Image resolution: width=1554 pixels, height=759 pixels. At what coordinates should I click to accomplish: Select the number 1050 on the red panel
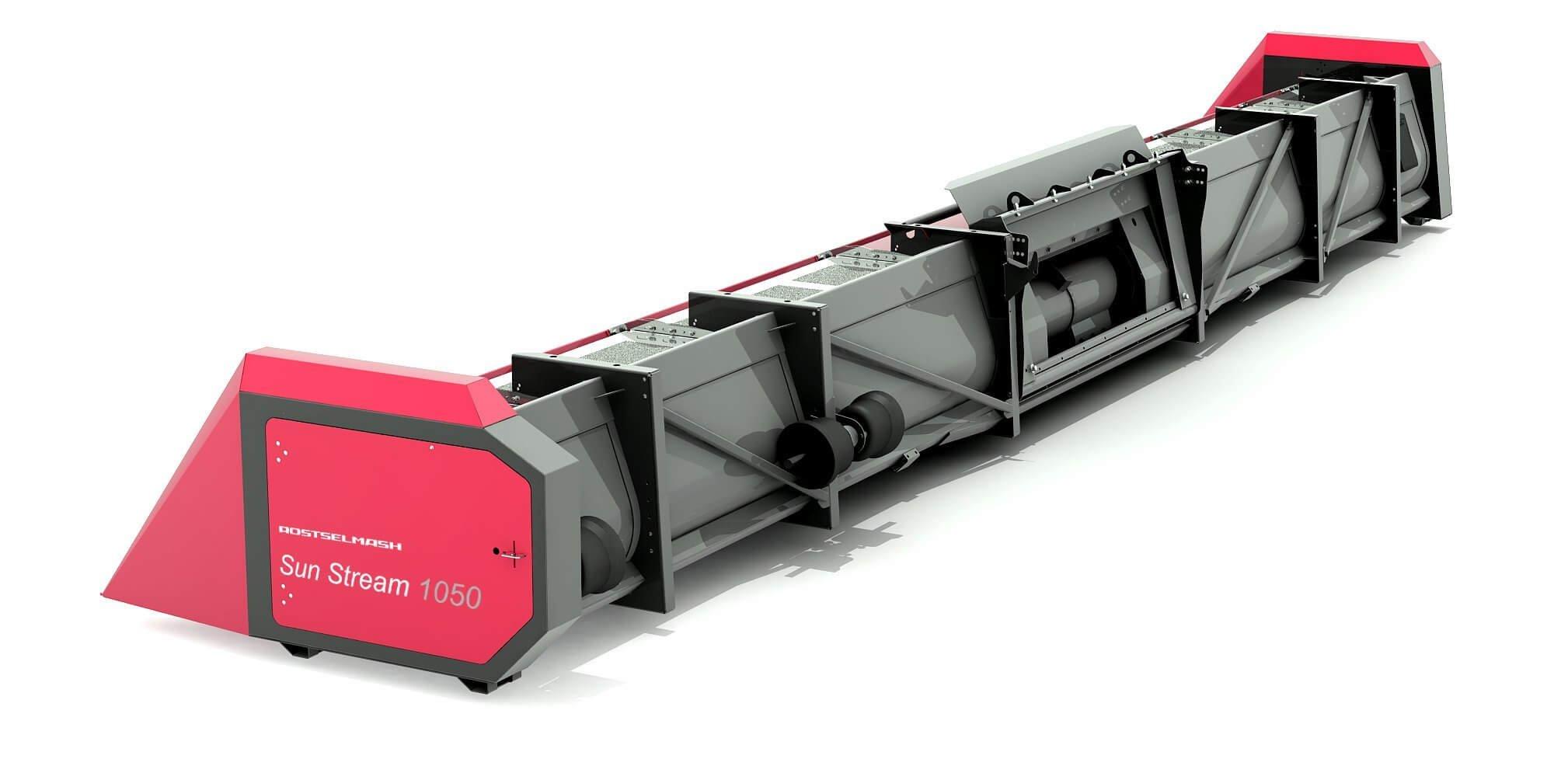(x=451, y=594)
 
